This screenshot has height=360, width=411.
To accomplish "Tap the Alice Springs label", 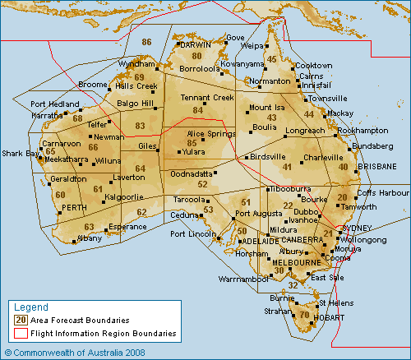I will click(x=211, y=133).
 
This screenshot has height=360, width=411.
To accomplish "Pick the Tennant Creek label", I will click(x=206, y=98).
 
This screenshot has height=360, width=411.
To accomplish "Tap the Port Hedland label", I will click(x=54, y=104).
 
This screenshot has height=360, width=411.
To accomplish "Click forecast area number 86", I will click(x=147, y=42).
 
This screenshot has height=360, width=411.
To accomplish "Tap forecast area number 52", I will click(x=203, y=184).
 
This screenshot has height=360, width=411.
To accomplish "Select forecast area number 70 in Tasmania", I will click(x=304, y=315).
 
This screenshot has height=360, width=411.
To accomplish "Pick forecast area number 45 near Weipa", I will click(x=272, y=59).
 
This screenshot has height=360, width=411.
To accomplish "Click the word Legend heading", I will click(x=30, y=307).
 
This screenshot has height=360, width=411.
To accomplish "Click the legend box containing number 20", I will click(x=21, y=320).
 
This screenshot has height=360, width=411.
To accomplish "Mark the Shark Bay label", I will click(x=21, y=153).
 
